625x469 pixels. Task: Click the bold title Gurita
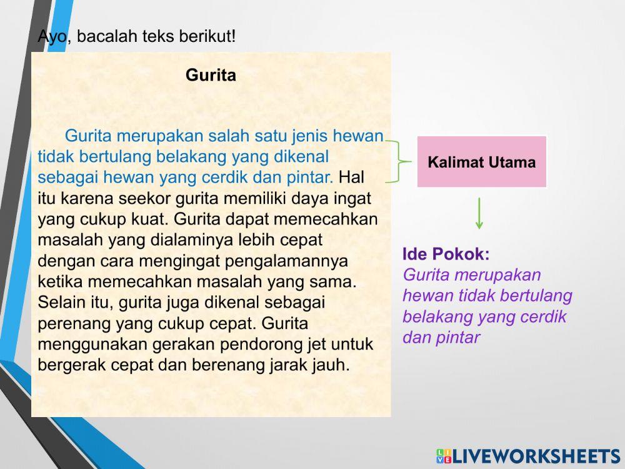(x=211, y=76)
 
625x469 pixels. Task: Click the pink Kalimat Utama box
(x=481, y=162)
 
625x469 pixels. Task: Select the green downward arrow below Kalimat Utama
(x=479, y=213)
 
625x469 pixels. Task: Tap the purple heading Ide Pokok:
(x=446, y=254)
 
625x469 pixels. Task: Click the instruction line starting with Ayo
(x=137, y=36)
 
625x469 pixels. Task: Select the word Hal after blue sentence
(x=351, y=177)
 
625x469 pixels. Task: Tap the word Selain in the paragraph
(x=59, y=303)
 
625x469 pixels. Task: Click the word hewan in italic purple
(x=423, y=296)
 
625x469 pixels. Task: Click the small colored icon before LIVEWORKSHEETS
(x=444, y=456)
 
